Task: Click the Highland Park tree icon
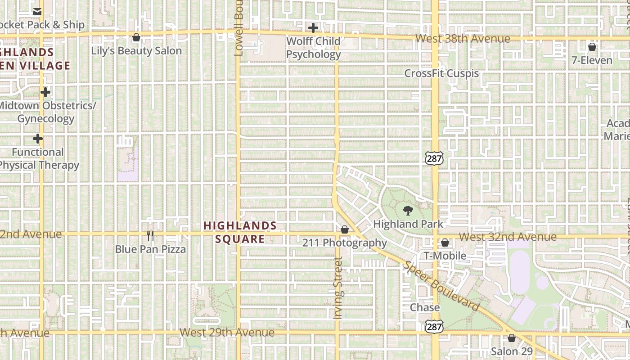pos(408,210)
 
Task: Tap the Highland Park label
pos(408,224)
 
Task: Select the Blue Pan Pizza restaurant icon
pos(150,235)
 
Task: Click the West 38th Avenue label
pos(463,39)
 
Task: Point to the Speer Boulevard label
pos(441,287)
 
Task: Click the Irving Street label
pos(338,288)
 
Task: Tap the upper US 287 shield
pos(434,157)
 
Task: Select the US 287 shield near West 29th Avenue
pos(434,327)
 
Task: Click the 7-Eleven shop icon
pos(592,47)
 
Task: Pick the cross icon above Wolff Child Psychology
pos(313,28)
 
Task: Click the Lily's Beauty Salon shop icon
pos(136,37)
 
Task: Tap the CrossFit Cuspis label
pos(441,73)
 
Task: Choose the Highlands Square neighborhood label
pos(240,232)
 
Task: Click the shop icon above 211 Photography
pos(344,230)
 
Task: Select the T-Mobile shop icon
pos(445,243)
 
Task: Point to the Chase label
pos(424,307)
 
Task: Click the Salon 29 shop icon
pos(511,338)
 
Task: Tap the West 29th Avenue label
pos(227,333)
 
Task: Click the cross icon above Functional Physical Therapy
pos(38,139)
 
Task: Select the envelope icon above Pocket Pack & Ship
pos(37,12)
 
